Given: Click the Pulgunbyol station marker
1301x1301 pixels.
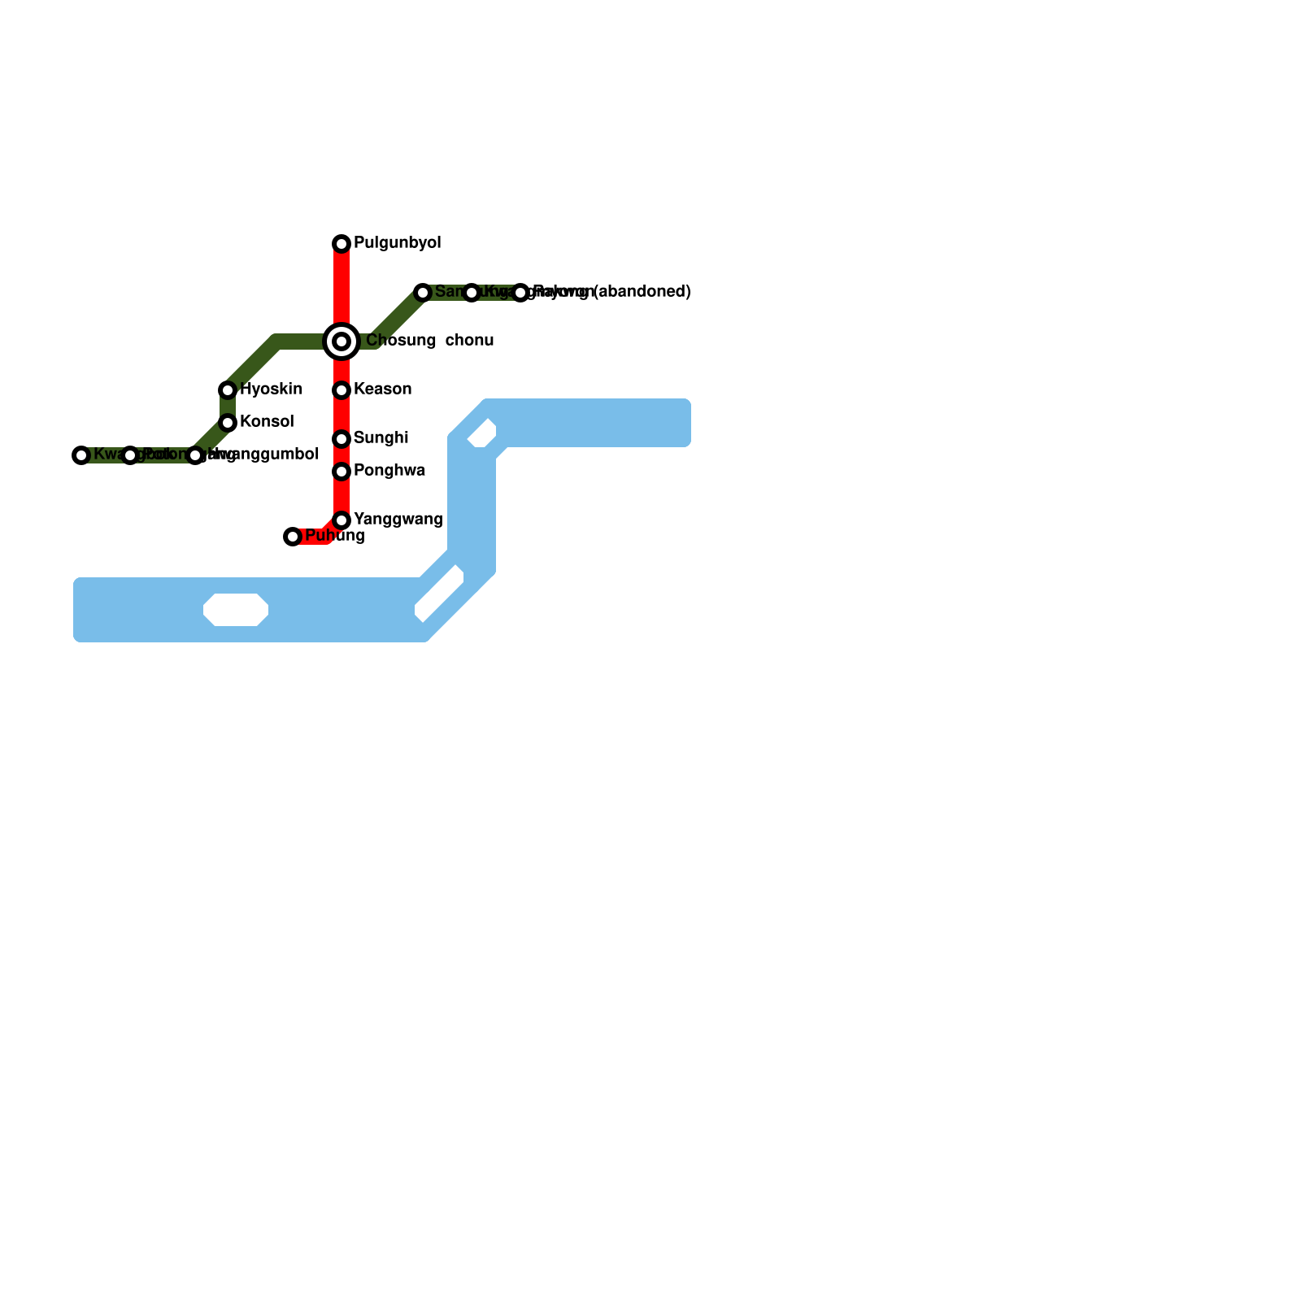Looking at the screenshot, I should (x=342, y=244).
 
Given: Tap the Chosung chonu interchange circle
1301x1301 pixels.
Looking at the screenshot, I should (x=342, y=342).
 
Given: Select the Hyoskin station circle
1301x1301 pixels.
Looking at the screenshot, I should (x=228, y=390).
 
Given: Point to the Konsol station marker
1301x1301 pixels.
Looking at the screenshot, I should (x=228, y=423).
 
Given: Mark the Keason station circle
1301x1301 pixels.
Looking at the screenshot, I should (x=342, y=390).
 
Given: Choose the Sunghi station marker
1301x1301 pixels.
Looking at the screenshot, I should (x=342, y=439).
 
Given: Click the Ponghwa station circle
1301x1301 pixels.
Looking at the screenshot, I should (x=342, y=472).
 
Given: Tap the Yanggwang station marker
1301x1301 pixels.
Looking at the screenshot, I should (x=342, y=520).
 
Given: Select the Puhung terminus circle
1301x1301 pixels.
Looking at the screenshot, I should (x=293, y=537).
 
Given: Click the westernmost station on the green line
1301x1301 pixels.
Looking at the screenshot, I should (x=81, y=455).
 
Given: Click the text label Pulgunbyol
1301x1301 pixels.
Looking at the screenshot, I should (x=398, y=243).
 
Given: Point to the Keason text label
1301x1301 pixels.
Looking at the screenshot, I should (x=382, y=389).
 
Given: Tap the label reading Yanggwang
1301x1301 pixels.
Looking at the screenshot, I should (x=398, y=520).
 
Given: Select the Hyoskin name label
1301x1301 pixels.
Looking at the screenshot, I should (x=272, y=389).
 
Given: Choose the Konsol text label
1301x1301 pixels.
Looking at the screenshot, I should (x=267, y=422).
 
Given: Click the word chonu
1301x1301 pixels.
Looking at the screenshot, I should (x=469, y=341).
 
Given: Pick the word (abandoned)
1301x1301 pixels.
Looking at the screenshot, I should (x=642, y=292).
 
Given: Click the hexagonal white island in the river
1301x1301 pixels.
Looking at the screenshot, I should (x=236, y=610).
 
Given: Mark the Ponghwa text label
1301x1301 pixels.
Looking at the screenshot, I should (x=389, y=471).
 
